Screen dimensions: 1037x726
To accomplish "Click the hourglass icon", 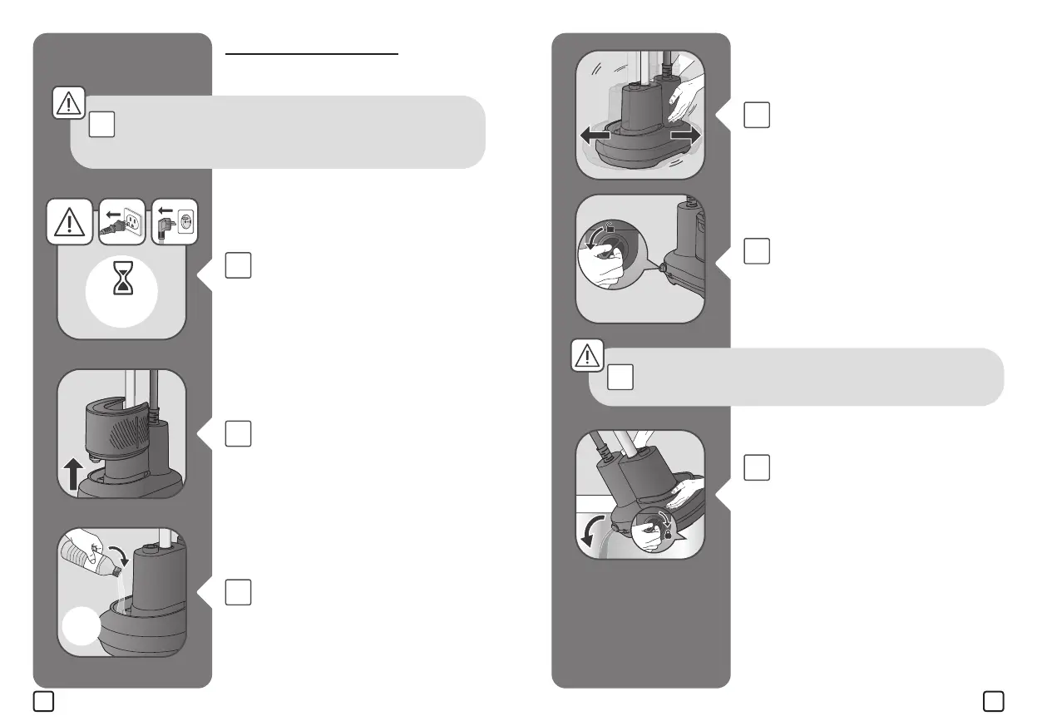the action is point(122,282).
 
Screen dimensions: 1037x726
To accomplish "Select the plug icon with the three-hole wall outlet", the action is point(122,223).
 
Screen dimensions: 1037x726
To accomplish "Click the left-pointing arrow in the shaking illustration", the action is point(596,136).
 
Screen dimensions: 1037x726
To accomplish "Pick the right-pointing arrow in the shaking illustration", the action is point(684,136).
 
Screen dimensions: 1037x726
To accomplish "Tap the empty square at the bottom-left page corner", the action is point(44,702).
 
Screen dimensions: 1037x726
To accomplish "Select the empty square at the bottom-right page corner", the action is point(993,702).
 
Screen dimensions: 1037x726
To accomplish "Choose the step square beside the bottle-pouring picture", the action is point(238,591).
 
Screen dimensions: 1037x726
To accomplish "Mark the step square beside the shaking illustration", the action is point(757,116).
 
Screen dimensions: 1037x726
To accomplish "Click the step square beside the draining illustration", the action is point(757,467).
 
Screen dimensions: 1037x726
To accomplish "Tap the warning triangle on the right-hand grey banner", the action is point(587,357).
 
